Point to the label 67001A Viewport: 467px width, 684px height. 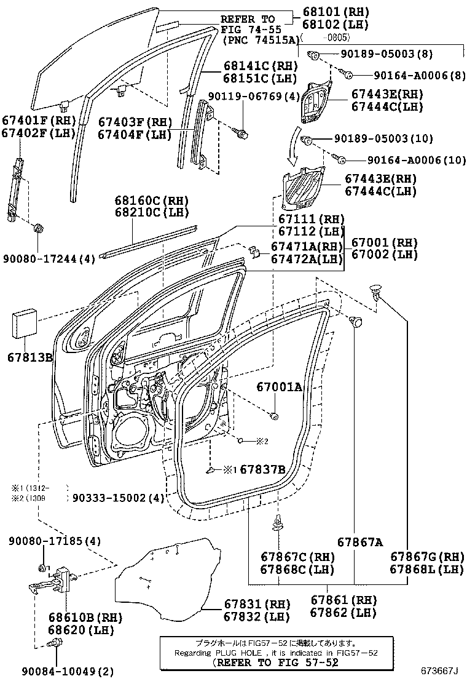click(x=280, y=387)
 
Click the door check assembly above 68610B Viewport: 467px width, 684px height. click(x=55, y=581)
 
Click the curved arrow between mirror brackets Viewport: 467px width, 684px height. click(x=297, y=146)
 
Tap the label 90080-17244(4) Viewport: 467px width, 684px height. click(x=49, y=259)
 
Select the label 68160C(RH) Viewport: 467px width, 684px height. click(x=151, y=201)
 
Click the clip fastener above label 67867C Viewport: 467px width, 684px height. click(x=277, y=523)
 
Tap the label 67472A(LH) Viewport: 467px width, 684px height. click(x=307, y=259)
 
